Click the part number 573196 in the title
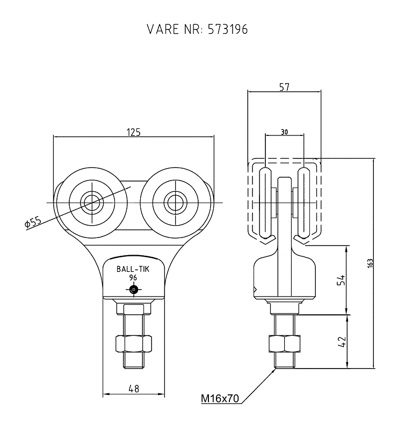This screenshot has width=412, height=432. click(227, 29)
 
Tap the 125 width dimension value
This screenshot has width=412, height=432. click(134, 132)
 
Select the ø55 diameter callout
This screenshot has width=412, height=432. click(33, 222)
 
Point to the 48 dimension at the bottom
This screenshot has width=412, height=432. click(134, 388)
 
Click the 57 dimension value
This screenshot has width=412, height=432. click(284, 87)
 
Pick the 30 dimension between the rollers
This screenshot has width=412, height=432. click(284, 132)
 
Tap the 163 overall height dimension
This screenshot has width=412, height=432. click(370, 263)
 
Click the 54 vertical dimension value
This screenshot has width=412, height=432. click(341, 279)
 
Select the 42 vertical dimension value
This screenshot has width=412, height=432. click(341, 342)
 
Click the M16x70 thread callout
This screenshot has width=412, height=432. click(220, 398)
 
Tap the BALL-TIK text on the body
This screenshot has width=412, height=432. click(133, 269)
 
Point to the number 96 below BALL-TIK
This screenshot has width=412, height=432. click(133, 277)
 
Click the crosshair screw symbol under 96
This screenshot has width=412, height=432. click(134, 290)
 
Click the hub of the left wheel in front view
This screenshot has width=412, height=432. click(92, 203)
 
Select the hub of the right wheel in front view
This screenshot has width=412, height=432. click(176, 203)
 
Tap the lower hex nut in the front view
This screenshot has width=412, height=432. click(134, 343)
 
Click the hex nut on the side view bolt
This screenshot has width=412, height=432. click(284, 343)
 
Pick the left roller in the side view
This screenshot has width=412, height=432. click(265, 203)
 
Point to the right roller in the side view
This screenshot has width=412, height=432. click(304, 203)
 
